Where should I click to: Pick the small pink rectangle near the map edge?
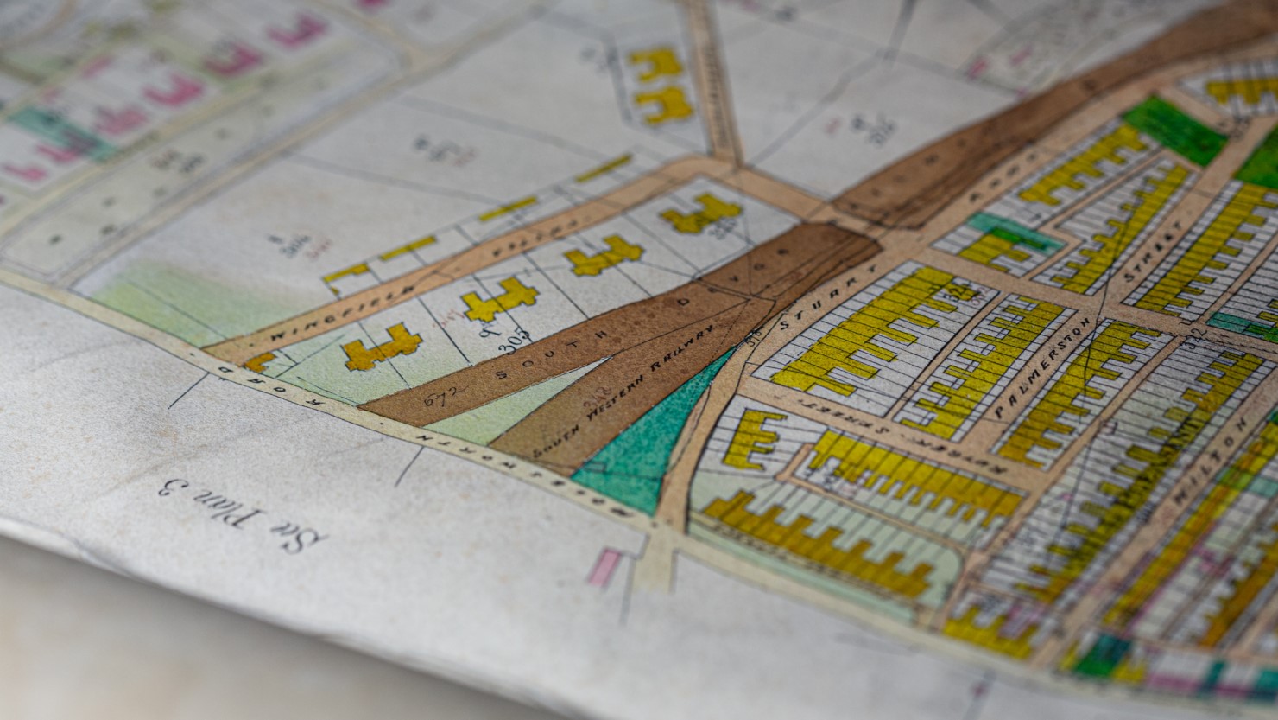click(604, 567)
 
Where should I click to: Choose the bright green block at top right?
click(1174, 130)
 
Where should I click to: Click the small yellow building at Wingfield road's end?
click(259, 360)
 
